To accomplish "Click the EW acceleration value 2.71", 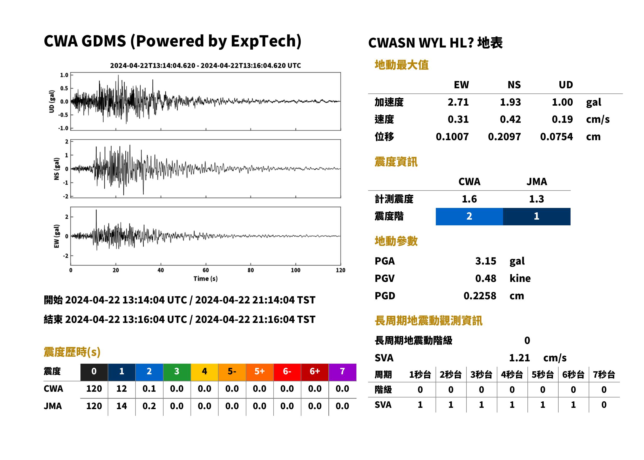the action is pyautogui.click(x=458, y=102).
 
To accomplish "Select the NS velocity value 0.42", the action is pyautogui.click(x=510, y=119).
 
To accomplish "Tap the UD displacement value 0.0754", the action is pyautogui.click(x=556, y=137).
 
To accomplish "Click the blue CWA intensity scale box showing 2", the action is pyautogui.click(x=469, y=217).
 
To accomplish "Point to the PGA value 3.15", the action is pyautogui.click(x=485, y=261).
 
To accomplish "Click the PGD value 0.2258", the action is pyautogui.click(x=480, y=296).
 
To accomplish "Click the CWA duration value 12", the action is pyautogui.click(x=121, y=389).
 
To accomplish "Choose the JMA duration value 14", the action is pyautogui.click(x=121, y=406).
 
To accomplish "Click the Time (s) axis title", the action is pyautogui.click(x=206, y=279).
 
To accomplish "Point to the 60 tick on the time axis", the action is pyautogui.click(x=206, y=270).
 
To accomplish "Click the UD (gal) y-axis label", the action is pyautogui.click(x=52, y=102).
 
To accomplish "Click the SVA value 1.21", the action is pyautogui.click(x=519, y=358).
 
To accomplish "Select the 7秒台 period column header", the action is pyautogui.click(x=604, y=375).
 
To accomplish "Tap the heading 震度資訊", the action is pyautogui.click(x=396, y=162).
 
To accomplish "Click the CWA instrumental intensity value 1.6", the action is pyautogui.click(x=469, y=199).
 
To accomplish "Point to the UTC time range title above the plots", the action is pyautogui.click(x=205, y=66).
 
